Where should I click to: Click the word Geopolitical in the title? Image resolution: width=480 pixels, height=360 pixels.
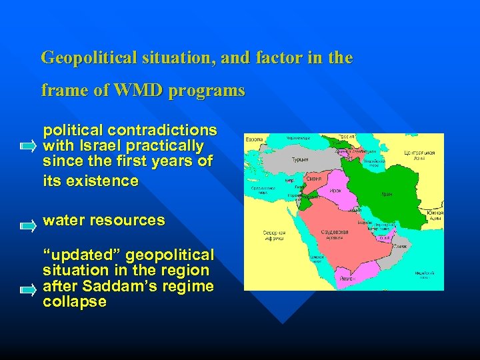coord(90,57)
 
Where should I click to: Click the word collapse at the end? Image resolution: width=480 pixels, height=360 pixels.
coord(74,302)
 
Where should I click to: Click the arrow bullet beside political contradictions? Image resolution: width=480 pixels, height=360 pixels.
coord(28,145)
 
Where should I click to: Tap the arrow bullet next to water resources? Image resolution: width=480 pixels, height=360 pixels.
coord(28,226)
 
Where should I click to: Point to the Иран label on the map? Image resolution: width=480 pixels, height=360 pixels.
coord(387,194)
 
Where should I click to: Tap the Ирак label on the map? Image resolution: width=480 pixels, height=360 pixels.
coord(336,190)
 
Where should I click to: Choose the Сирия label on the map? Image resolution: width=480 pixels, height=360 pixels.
coord(314,179)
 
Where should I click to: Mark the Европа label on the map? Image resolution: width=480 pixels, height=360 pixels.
coord(254,140)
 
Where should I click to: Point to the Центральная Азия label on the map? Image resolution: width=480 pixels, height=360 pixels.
coord(420,155)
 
